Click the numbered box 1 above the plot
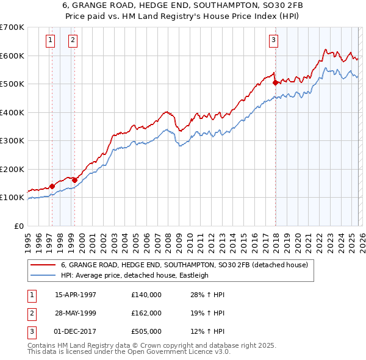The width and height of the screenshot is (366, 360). click(x=49, y=41)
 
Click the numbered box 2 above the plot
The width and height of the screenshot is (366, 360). click(x=73, y=41)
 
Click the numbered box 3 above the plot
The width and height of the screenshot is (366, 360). click(x=273, y=41)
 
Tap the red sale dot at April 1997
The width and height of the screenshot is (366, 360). click(x=52, y=186)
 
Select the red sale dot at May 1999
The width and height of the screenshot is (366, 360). click(x=75, y=180)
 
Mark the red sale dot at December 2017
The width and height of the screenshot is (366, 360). click(x=275, y=82)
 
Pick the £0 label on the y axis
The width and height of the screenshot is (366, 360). click(x=18, y=226)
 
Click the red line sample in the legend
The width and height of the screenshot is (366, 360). click(x=43, y=265)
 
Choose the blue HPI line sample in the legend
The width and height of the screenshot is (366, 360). click(x=43, y=275)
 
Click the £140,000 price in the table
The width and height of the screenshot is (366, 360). click(x=146, y=295)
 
